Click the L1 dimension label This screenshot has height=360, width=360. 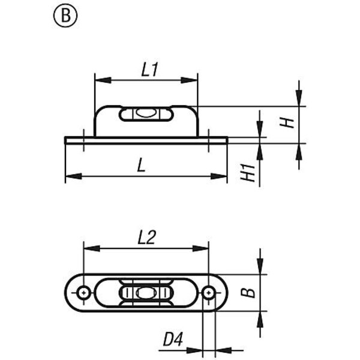[149, 70]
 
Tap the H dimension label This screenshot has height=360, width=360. [289, 122]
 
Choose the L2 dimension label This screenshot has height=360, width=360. [146, 238]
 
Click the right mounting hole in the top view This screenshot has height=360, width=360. [208, 292]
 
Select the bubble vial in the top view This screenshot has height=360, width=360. [146, 292]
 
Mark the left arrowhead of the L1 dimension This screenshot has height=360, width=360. [98, 80]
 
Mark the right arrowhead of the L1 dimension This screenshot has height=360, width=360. [194, 80]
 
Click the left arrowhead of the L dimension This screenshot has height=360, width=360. [68, 176]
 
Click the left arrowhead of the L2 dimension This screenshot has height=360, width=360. [88, 248]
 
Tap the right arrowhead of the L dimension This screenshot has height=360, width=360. [223, 176]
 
